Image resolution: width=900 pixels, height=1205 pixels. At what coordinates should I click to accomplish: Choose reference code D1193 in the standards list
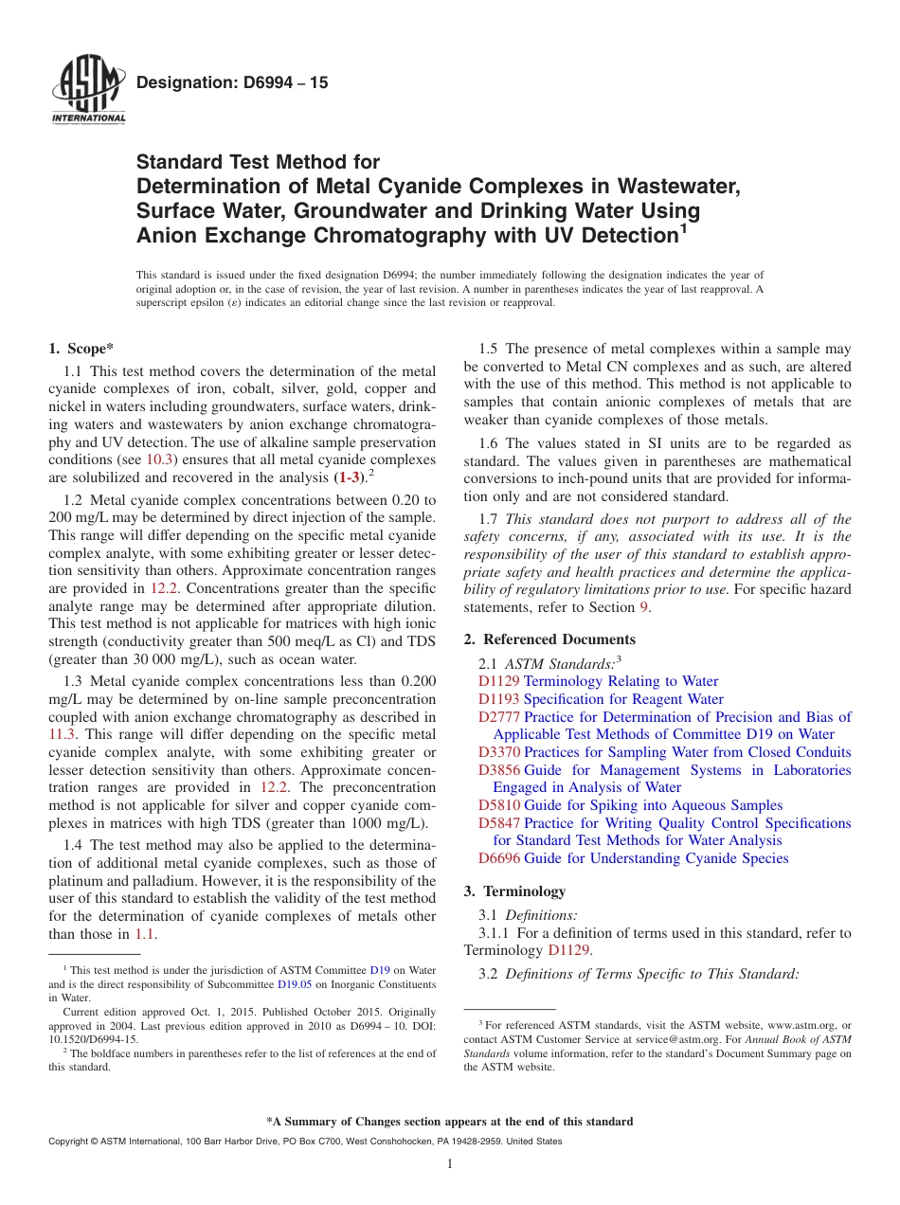(498, 699)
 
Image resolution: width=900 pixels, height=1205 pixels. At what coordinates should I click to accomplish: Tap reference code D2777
(498, 717)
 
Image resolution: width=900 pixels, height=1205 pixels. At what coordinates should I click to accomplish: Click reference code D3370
(498, 752)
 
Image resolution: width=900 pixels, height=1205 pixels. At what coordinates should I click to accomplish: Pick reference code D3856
(498, 770)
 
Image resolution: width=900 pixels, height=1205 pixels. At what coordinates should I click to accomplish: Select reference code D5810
(498, 805)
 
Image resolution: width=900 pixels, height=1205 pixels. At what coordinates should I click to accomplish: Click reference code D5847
(498, 823)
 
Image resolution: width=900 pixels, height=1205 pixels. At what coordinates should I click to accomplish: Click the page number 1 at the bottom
(450, 1164)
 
